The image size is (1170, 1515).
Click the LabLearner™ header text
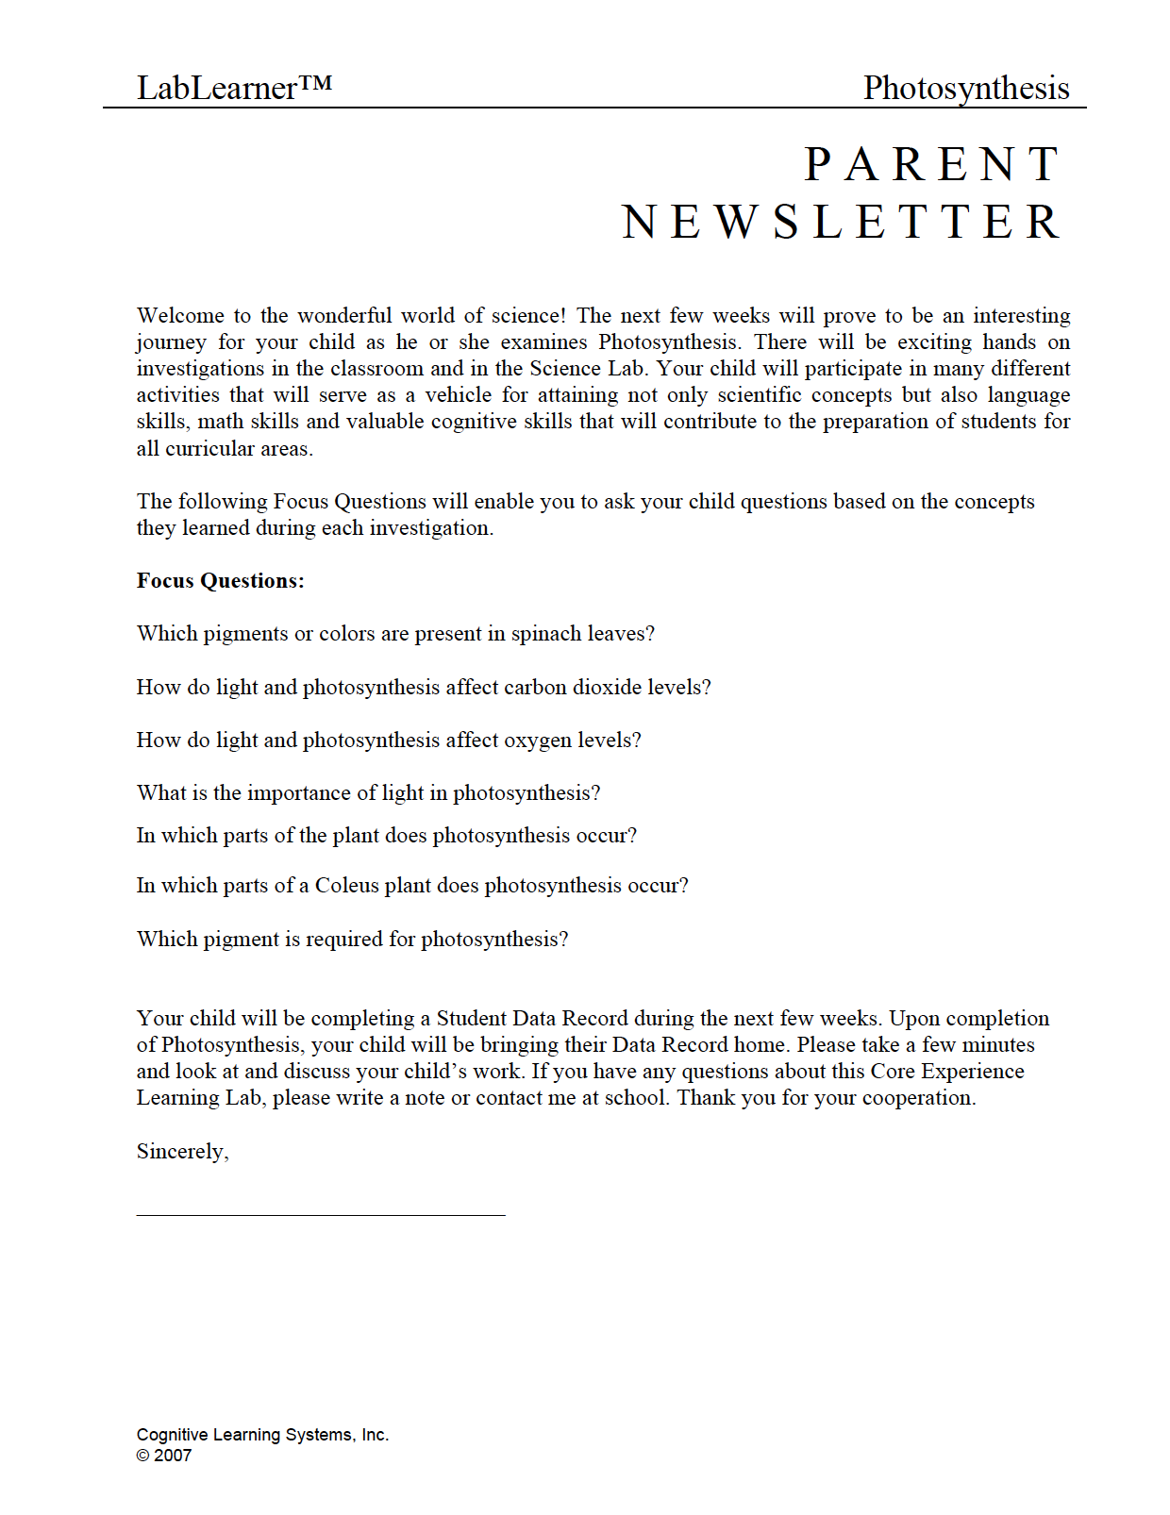tap(234, 88)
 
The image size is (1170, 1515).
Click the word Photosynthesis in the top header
tap(965, 88)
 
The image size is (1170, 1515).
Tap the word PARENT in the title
tap(933, 165)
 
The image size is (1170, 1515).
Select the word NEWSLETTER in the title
tap(843, 223)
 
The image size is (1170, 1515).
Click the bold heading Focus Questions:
tap(220, 581)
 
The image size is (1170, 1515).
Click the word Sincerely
tap(181, 1152)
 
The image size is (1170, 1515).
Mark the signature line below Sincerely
tap(321, 1215)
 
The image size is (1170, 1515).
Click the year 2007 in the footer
tap(173, 1456)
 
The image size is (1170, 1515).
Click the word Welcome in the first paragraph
tap(180, 315)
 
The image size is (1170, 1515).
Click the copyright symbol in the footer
tap(142, 1456)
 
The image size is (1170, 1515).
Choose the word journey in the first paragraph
tap(171, 342)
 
